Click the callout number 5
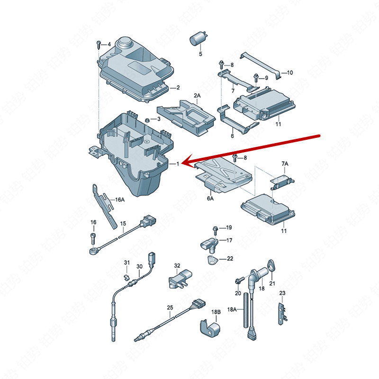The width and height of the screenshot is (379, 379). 200,54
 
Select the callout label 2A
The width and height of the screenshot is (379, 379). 197,95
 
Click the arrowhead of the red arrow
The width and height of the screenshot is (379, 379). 186,163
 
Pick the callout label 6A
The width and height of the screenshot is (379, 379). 210,199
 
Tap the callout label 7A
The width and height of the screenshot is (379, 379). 284,163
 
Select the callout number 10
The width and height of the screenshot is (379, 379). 290,73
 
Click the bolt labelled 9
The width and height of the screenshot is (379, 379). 256,76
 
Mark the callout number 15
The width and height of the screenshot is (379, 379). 123,223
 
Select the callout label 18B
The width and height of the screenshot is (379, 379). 216,312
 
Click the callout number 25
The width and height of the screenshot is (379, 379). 170,307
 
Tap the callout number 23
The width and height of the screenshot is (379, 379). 282,293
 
